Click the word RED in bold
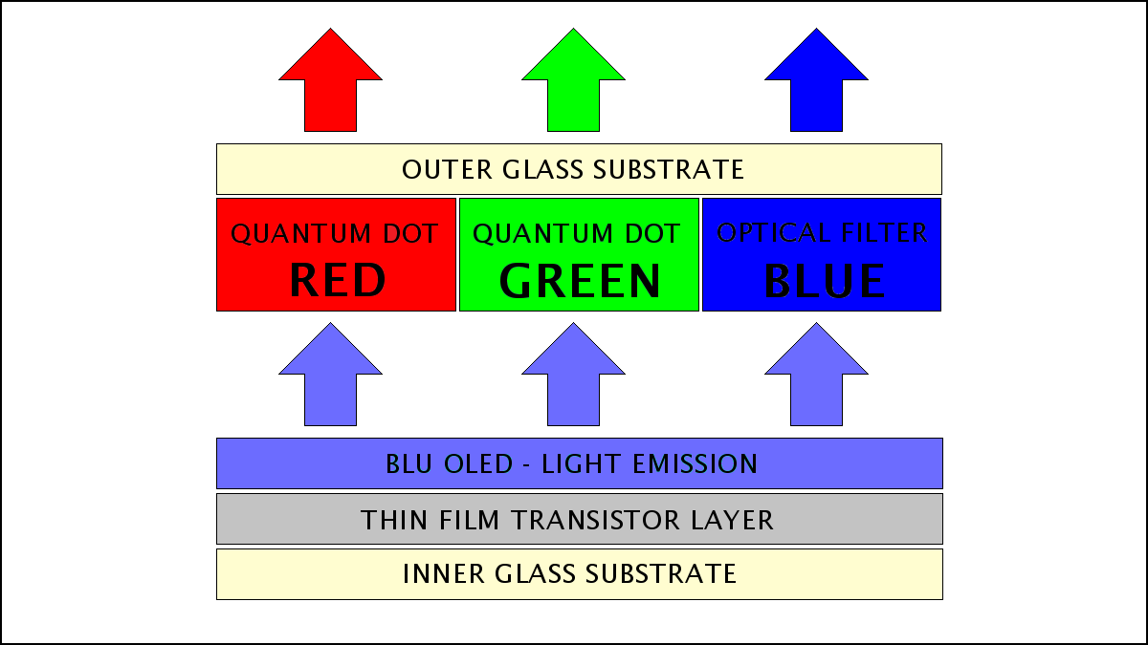pyautogui.click(x=338, y=280)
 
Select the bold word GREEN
pyautogui.click(x=580, y=281)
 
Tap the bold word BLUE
pyautogui.click(x=824, y=281)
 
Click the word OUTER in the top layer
pyautogui.click(x=447, y=169)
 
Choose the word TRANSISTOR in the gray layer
pyautogui.click(x=595, y=520)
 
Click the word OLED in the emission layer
pyautogui.click(x=478, y=463)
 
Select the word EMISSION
pyautogui.click(x=695, y=463)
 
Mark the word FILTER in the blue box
pyautogui.click(x=885, y=232)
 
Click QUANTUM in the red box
pyautogui.click(x=300, y=234)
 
